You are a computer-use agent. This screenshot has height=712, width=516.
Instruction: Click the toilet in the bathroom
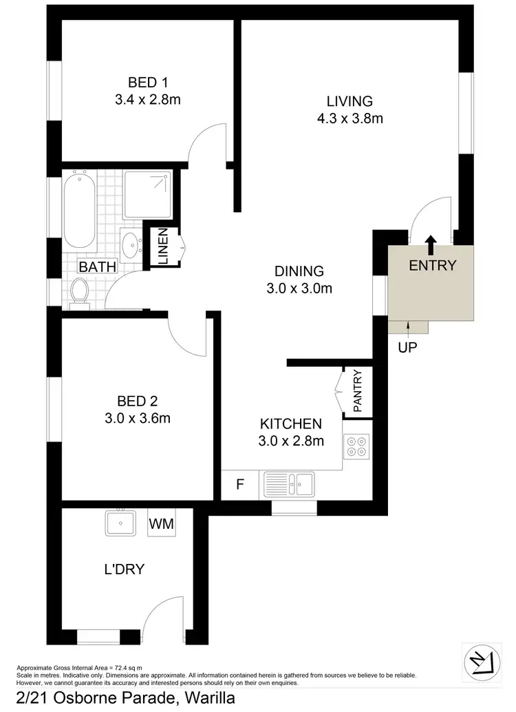click(80, 291)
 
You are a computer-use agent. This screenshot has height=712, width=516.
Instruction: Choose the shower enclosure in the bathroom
click(147, 195)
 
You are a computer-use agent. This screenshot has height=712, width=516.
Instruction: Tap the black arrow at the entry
click(431, 243)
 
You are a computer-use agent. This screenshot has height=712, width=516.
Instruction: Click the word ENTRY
click(432, 266)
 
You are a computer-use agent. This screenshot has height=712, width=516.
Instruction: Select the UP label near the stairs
click(407, 348)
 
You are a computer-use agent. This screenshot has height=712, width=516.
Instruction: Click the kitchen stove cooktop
click(357, 447)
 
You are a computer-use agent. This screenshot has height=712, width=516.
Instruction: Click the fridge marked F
click(240, 485)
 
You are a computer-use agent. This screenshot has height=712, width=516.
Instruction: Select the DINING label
click(299, 271)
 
